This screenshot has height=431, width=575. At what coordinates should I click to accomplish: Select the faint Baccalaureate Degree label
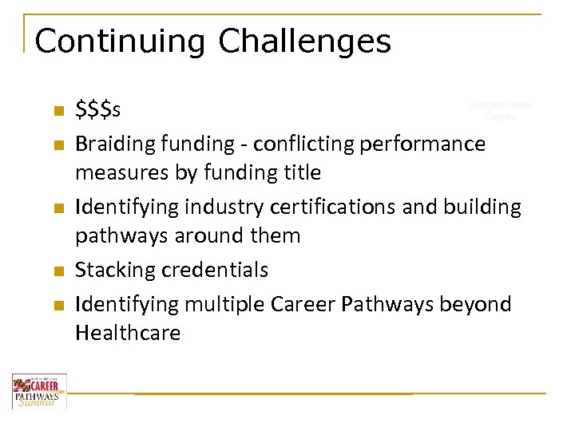click(x=501, y=110)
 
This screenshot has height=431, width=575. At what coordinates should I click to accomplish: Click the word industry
click(x=225, y=207)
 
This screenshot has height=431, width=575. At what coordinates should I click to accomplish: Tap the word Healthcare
click(x=128, y=333)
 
